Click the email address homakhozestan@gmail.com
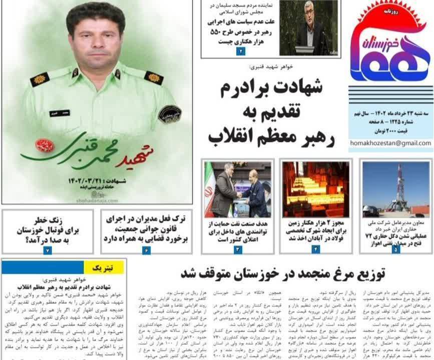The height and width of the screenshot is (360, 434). pos(390,143)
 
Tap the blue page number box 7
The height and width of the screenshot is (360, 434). pos(47,250)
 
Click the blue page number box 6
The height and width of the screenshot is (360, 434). pos(146,250)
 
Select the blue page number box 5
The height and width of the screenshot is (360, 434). pos(396,248)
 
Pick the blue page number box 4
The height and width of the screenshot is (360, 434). pos(316,248)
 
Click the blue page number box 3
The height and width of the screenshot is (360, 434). pos(238,249)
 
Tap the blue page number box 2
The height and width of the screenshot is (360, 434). pos(241,51)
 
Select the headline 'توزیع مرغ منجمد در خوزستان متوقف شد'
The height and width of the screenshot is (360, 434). pos(283,273)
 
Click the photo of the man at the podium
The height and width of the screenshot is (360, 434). pos(308,27)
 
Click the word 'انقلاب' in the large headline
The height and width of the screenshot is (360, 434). pos(231,134)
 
